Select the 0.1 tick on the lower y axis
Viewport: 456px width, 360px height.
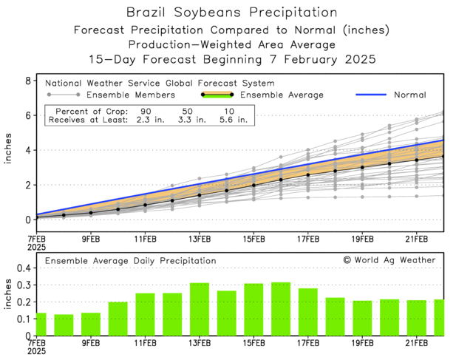pyautogui.click(x=24, y=319)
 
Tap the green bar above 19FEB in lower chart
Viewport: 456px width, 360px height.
pyautogui.click(x=363, y=318)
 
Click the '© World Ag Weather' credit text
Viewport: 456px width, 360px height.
pyautogui.click(x=389, y=260)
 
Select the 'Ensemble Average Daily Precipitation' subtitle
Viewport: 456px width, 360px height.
pyautogui.click(x=131, y=261)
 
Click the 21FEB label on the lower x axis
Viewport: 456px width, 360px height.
pyautogui.click(x=418, y=344)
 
